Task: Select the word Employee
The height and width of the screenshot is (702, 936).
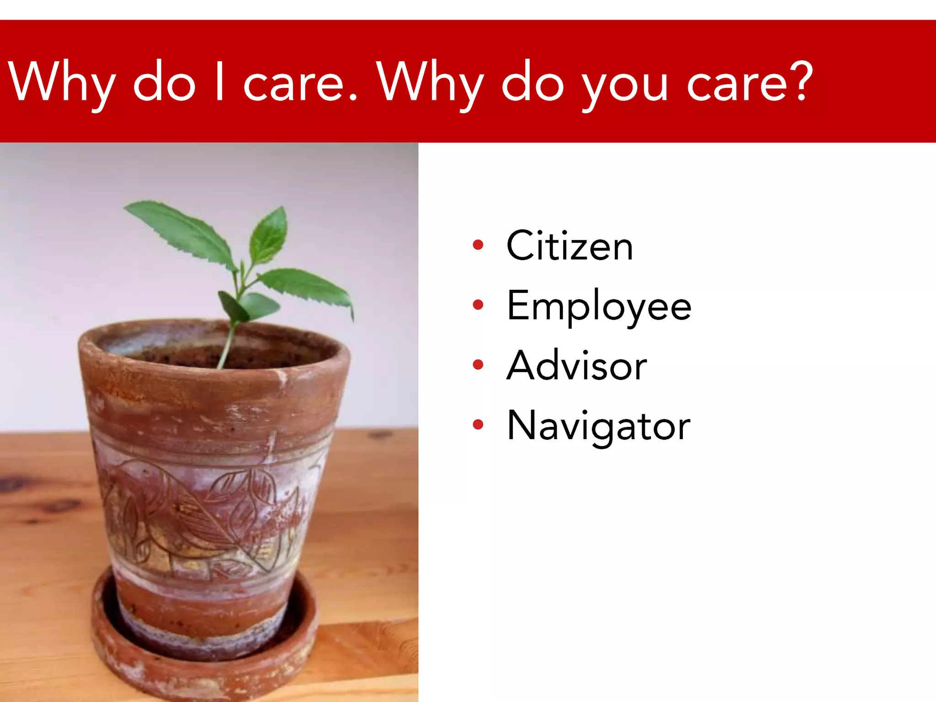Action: (599, 306)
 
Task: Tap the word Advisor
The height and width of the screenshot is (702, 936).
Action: (577, 366)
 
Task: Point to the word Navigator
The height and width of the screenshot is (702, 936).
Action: (598, 426)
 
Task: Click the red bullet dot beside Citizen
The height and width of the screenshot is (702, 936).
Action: (478, 245)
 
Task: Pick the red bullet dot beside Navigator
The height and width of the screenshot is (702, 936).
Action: (478, 425)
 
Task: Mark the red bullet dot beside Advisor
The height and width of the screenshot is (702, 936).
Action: (478, 365)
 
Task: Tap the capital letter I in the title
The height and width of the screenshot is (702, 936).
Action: (219, 81)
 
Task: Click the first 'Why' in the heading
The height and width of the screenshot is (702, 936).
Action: (62, 82)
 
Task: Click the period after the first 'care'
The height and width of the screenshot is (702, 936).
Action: (352, 97)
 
